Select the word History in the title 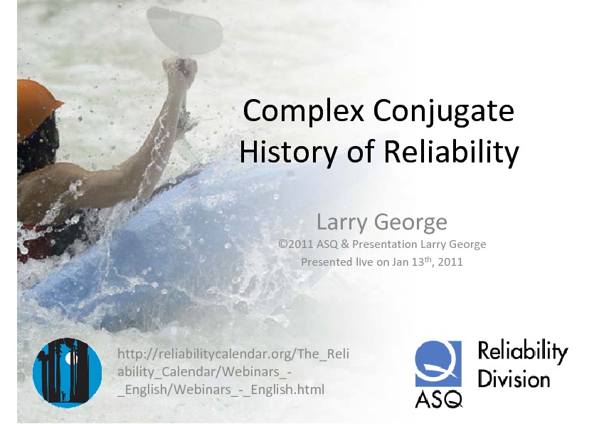coord(288,152)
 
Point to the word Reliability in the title coord(451,152)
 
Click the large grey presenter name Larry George coord(381,222)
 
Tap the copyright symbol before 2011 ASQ coord(282,244)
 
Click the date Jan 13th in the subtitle coord(413,262)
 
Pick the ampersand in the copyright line coord(345,244)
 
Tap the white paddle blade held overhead coord(185,31)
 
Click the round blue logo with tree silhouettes coord(68,371)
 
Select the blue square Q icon coord(438,363)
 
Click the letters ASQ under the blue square coord(438,399)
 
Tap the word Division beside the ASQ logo coord(514,379)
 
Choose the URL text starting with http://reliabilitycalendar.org coord(233,371)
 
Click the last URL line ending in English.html coord(221,390)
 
